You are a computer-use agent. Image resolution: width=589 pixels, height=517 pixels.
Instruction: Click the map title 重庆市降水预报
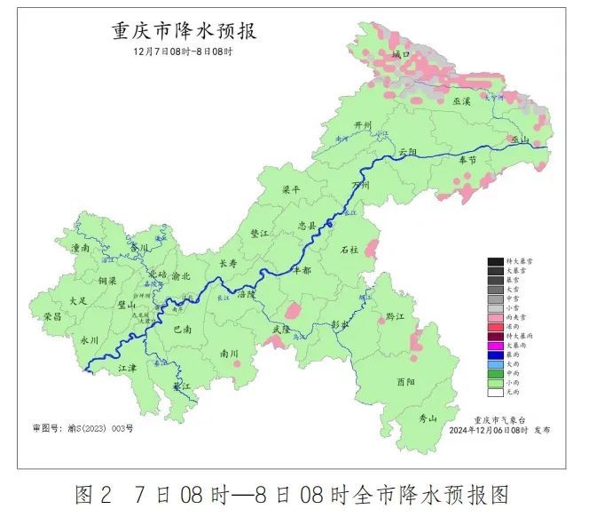(x=185, y=31)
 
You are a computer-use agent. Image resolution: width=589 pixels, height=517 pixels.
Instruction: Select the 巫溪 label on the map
(x=461, y=102)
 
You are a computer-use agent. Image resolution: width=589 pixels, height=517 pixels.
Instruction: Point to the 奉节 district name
(x=467, y=160)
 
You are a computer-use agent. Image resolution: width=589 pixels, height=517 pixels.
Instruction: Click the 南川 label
(x=229, y=353)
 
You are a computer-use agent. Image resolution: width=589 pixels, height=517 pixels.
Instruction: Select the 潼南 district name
(x=80, y=250)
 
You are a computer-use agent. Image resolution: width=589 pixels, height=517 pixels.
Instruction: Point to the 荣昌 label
(x=52, y=315)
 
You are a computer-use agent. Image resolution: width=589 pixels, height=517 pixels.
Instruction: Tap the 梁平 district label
(x=291, y=190)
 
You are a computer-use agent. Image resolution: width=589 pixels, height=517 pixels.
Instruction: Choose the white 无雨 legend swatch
(x=494, y=391)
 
